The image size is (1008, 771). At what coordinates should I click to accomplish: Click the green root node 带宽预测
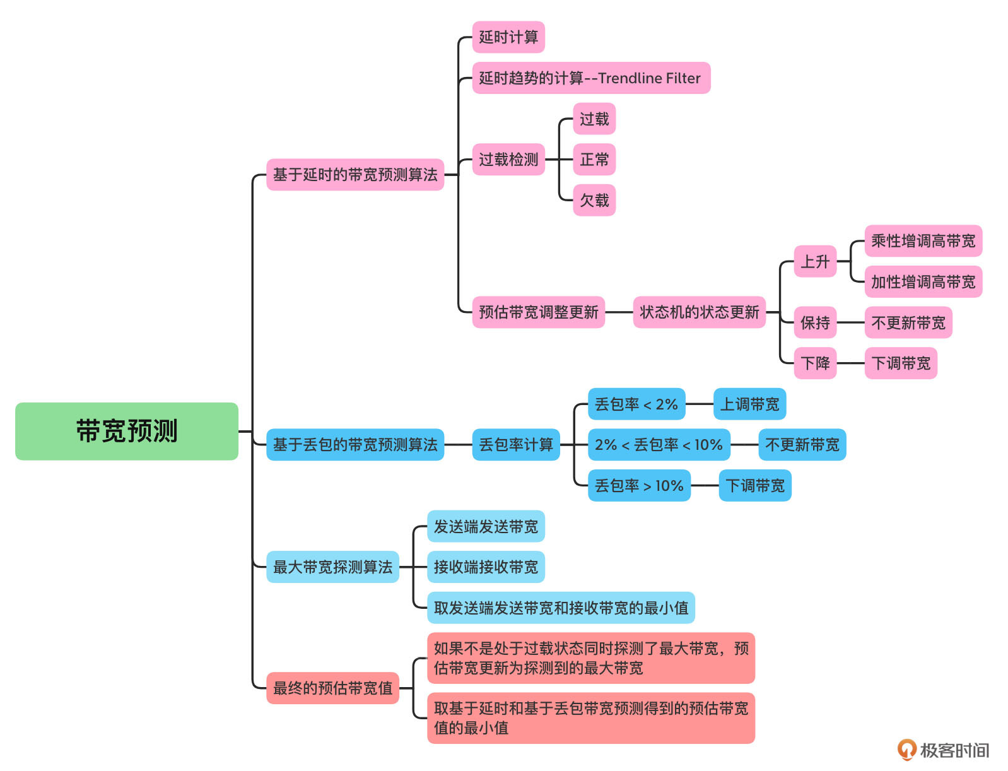pyautogui.click(x=126, y=431)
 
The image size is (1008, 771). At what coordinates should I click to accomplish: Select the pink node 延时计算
pyautogui.click(x=508, y=37)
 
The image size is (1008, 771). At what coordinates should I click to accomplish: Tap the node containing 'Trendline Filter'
pyautogui.click(x=590, y=78)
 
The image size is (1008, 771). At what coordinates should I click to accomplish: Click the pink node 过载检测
pyautogui.click(x=508, y=160)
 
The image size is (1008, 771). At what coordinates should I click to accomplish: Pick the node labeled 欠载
pyautogui.click(x=594, y=201)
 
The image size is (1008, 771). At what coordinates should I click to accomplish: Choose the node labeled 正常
pyautogui.click(x=594, y=160)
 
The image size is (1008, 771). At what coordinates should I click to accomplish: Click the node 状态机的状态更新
pyautogui.click(x=699, y=312)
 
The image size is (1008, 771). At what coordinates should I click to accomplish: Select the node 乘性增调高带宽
pyautogui.click(x=922, y=241)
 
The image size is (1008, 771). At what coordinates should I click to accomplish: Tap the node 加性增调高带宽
pyautogui.click(x=922, y=282)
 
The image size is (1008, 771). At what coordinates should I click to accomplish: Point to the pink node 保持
pyautogui.click(x=815, y=323)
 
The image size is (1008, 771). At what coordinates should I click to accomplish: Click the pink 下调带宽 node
pyautogui.click(x=900, y=363)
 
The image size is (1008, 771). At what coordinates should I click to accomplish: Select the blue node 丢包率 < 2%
pyautogui.click(x=636, y=404)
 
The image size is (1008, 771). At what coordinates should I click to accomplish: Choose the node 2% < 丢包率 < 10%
pyautogui.click(x=659, y=445)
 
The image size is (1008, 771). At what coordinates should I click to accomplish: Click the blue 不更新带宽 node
pyautogui.click(x=802, y=445)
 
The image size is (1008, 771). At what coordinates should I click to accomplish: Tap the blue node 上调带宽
pyautogui.click(x=749, y=404)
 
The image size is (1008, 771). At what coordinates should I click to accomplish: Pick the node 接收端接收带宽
pyautogui.click(x=485, y=567)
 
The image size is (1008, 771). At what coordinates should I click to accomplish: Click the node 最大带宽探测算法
pyautogui.click(x=332, y=567)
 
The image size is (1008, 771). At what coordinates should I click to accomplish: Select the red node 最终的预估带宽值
pyautogui.click(x=332, y=688)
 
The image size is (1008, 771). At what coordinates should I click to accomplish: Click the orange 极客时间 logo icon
pyautogui.click(x=906, y=750)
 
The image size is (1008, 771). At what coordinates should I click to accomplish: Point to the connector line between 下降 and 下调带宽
pyautogui.click(x=850, y=363)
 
